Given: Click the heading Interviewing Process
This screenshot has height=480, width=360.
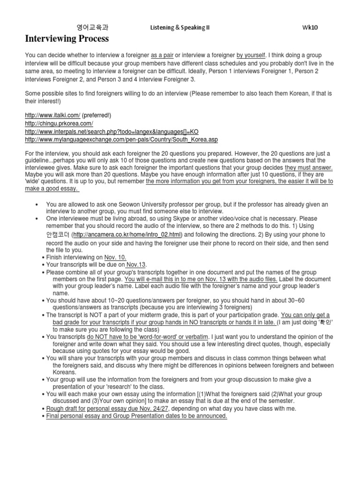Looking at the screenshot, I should [x=67, y=38].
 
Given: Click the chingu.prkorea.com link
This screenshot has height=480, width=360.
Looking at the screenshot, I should [x=59, y=123].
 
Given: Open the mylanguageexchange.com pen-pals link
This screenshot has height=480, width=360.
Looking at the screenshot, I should [x=121, y=140].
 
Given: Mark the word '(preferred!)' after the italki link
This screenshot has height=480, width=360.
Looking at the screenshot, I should [x=97, y=115].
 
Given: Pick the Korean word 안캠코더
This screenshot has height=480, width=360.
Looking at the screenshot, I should [x=58, y=234].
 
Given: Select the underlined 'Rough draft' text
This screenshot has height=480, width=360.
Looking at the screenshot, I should [x=63, y=408].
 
